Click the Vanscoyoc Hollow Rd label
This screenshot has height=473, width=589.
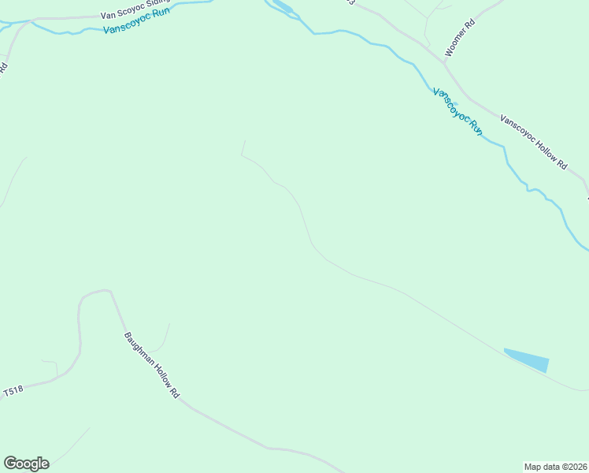[534, 143]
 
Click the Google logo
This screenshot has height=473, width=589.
[26, 464]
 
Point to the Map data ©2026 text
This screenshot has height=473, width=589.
[555, 466]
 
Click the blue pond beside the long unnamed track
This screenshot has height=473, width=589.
[528, 359]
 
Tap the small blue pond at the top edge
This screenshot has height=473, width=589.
[283, 9]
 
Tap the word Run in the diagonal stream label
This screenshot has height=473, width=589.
[475, 127]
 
